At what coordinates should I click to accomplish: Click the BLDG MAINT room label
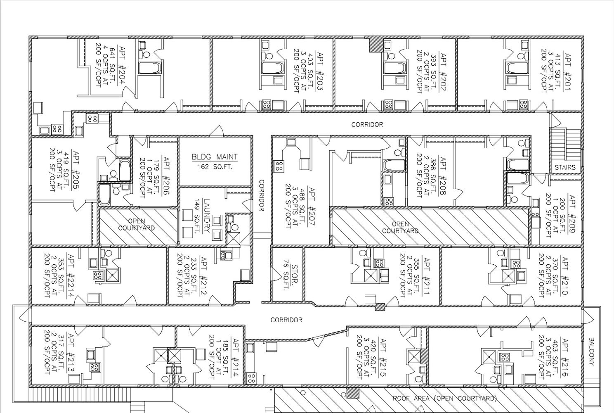click(x=215, y=157)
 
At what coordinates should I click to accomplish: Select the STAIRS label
click(x=565, y=167)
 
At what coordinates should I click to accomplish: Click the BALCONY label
click(x=591, y=351)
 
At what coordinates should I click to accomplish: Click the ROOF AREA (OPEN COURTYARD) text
click(x=444, y=399)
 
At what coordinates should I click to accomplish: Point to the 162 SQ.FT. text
click(x=215, y=166)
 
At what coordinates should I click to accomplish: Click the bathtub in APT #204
click(x=149, y=68)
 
